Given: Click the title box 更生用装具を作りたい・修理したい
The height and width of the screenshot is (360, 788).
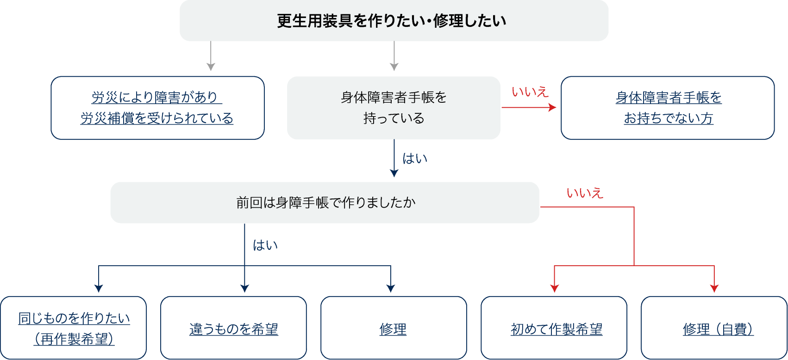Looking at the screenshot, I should (x=394, y=21).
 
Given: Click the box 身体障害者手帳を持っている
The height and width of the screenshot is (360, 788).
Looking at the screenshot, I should (x=394, y=108).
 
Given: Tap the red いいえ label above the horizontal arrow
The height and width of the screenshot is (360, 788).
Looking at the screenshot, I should (x=530, y=92).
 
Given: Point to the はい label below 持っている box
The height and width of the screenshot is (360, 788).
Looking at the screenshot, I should (x=415, y=159).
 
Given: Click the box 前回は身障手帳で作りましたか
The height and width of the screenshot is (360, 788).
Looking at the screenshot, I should (x=325, y=203).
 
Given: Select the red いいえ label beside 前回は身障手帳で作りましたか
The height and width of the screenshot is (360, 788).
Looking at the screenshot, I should (x=585, y=193).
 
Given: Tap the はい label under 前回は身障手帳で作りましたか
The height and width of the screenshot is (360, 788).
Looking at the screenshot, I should (x=265, y=245).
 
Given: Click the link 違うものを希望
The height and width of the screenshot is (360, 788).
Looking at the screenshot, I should (x=234, y=329).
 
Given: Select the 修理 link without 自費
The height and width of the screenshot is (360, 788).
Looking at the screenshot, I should (x=393, y=329).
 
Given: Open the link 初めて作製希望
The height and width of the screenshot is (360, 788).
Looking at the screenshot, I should (x=557, y=329).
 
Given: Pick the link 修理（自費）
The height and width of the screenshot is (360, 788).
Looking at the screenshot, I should (x=718, y=329).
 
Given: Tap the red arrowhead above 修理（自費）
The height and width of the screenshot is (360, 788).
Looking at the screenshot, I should (x=714, y=288).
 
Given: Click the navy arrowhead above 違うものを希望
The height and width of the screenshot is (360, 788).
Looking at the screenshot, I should (x=244, y=288).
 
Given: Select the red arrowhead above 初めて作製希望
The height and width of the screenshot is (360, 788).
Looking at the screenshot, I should (x=554, y=288).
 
